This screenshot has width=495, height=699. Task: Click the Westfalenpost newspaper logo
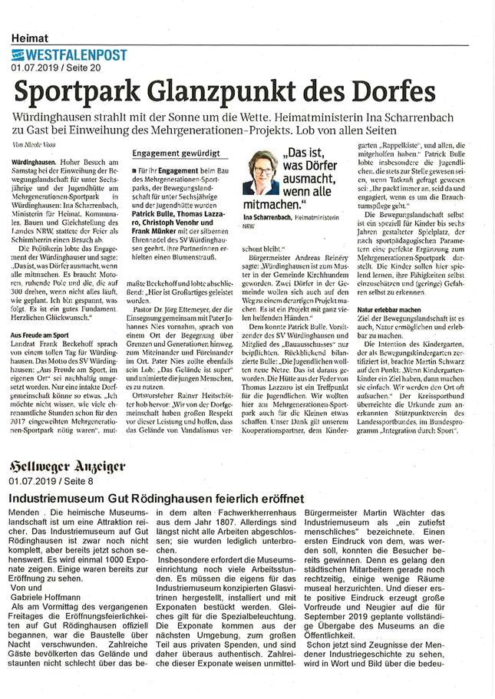[69, 54]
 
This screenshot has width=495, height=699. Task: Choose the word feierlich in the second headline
[250, 498]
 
